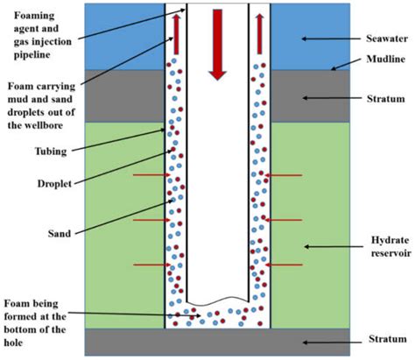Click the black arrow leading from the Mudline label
(x=346, y=67)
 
